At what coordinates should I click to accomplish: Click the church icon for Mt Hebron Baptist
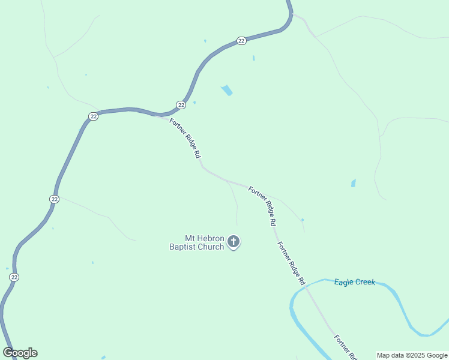(234, 242)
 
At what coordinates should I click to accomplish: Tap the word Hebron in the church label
(210, 239)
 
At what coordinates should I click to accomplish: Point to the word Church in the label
(211, 247)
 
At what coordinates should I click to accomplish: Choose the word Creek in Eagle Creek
(365, 282)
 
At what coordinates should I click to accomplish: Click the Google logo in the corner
(20, 353)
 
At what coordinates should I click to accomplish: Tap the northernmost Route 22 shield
(241, 40)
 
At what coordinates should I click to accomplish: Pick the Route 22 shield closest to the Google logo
(14, 277)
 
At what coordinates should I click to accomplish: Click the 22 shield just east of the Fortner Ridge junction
(181, 104)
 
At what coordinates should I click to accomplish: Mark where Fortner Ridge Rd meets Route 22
(157, 115)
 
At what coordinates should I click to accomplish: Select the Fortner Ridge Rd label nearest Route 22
(185, 138)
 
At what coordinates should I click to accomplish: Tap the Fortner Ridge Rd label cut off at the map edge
(346, 347)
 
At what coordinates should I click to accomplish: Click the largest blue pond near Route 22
(227, 91)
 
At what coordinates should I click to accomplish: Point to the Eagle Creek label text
(354, 282)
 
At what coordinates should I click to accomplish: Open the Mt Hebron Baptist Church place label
(197, 243)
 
